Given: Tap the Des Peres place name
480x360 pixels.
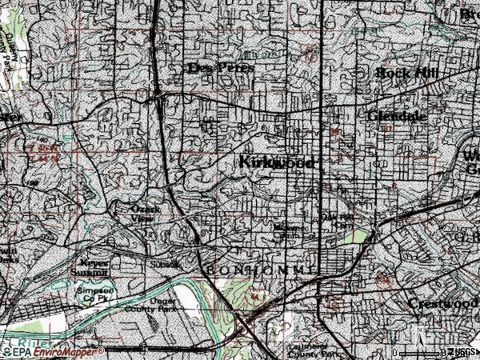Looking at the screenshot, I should [x=221, y=68].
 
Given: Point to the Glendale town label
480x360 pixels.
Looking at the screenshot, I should [x=397, y=116].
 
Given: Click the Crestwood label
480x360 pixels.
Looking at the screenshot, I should [x=442, y=305].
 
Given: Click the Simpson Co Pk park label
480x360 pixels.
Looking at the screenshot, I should [x=95, y=293].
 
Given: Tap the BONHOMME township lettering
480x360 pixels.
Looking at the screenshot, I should [x=260, y=270].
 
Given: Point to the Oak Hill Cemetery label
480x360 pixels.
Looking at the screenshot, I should [x=337, y=220].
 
